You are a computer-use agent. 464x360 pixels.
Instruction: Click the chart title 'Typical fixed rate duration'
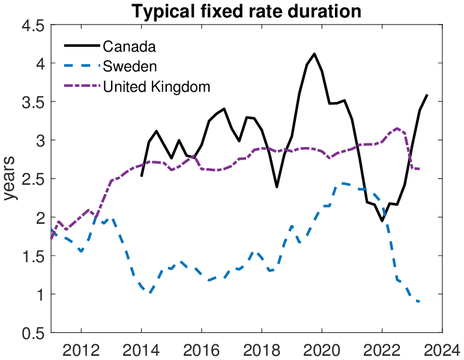click(246, 11)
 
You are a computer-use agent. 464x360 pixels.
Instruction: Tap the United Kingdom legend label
click(157, 86)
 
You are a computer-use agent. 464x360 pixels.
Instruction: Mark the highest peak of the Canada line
click(315, 54)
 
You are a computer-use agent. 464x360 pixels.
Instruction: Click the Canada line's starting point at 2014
click(141, 176)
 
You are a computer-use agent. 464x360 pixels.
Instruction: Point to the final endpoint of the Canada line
click(427, 95)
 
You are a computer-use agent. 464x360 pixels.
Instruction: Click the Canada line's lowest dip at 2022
click(382, 221)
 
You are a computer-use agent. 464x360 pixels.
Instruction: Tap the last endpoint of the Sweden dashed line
click(419, 301)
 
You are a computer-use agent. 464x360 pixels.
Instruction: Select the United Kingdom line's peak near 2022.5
click(397, 128)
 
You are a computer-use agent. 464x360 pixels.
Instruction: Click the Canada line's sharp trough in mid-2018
click(277, 187)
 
